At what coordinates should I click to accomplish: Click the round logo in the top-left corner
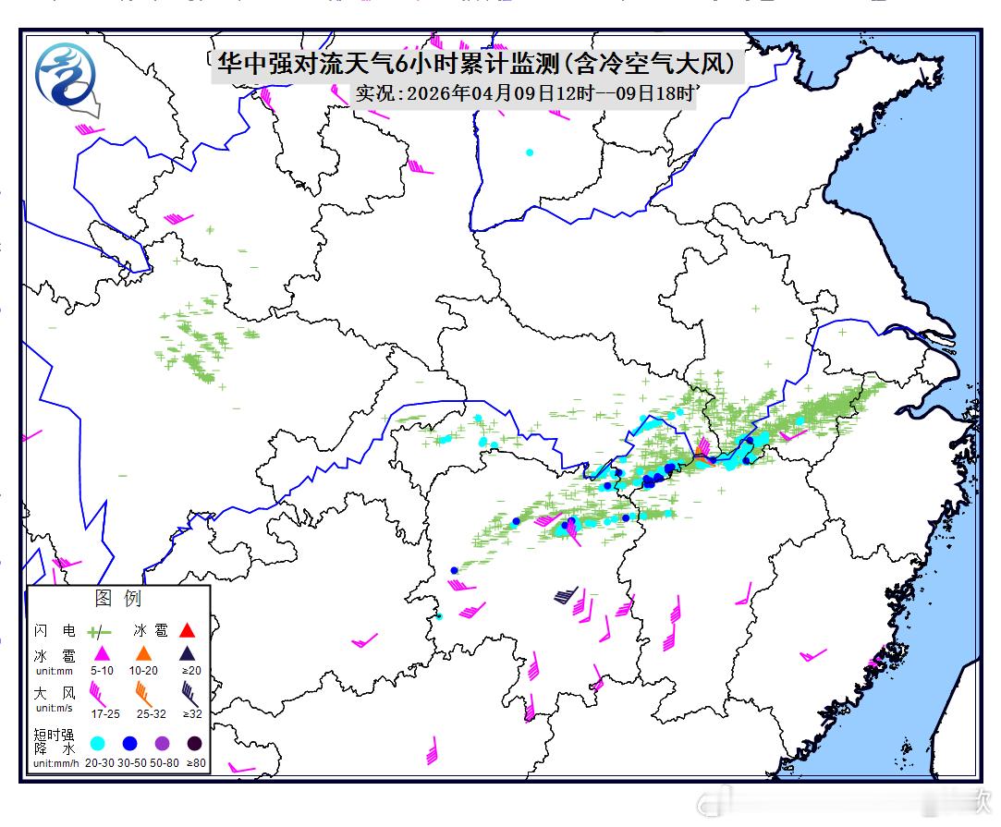pos(67,76)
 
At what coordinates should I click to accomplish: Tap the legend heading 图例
pos(118,599)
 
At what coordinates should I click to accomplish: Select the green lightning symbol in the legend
pos(99,633)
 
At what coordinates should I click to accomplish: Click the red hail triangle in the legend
pos(187,631)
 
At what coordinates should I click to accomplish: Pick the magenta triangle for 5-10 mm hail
pos(102,654)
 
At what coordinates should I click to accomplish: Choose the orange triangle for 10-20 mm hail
pos(143,654)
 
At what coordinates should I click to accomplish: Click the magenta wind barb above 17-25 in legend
pos(98,690)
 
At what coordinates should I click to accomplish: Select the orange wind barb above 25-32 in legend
pos(143,690)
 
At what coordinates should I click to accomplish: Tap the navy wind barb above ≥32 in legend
pos(189,690)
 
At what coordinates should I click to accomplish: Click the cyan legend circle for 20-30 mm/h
pos(97,743)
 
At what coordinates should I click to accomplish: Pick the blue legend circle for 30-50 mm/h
pos(129,743)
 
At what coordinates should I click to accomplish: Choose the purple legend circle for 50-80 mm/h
pos(162,743)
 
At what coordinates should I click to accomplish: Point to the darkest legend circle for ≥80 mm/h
pos(194,743)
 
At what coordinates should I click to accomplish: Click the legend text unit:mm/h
pos(55,763)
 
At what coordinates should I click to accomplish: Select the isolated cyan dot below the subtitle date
pos(530,152)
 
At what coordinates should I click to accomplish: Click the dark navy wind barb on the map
pos(566,595)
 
